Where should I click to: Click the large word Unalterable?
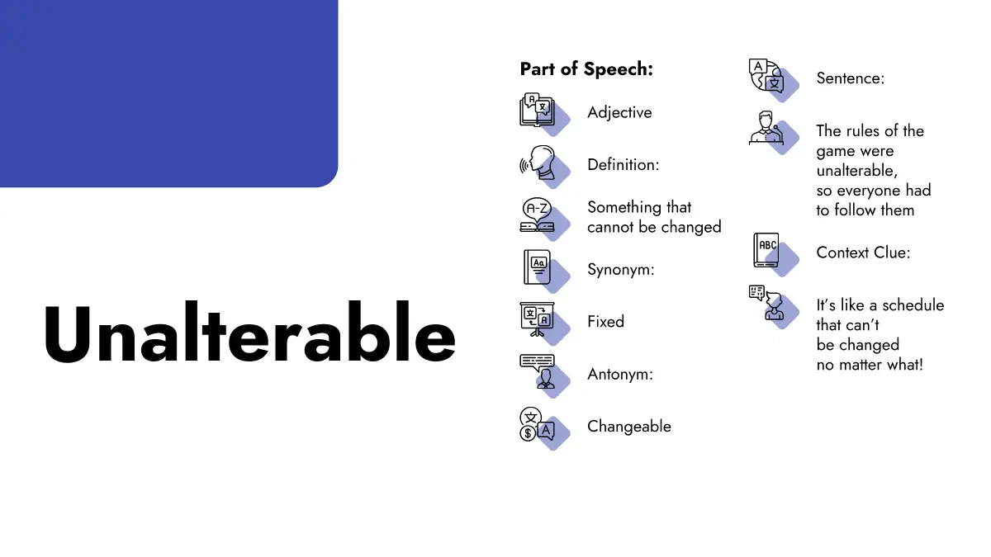pos(249,333)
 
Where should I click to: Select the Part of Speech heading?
pos(586,69)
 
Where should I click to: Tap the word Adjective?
pos(619,112)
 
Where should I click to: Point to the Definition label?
pos(623,164)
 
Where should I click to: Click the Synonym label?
pos(620,269)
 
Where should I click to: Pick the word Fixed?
pos(605,321)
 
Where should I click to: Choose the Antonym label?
pos(620,374)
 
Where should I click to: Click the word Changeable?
pos(629,426)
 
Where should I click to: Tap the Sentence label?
pos(851,78)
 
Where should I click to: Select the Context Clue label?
pos(863,253)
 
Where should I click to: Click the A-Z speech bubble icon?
pos(537,215)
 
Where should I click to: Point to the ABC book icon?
pos(766,250)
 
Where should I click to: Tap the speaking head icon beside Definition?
pos(537,163)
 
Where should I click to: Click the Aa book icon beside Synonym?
pos(537,267)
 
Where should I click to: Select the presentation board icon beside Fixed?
pos(537,319)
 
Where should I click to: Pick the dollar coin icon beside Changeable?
pos(528,433)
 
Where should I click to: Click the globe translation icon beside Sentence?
pos(766,75)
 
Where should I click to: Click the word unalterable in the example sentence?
pos(857,171)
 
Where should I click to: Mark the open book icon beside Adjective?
pos(537,110)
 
